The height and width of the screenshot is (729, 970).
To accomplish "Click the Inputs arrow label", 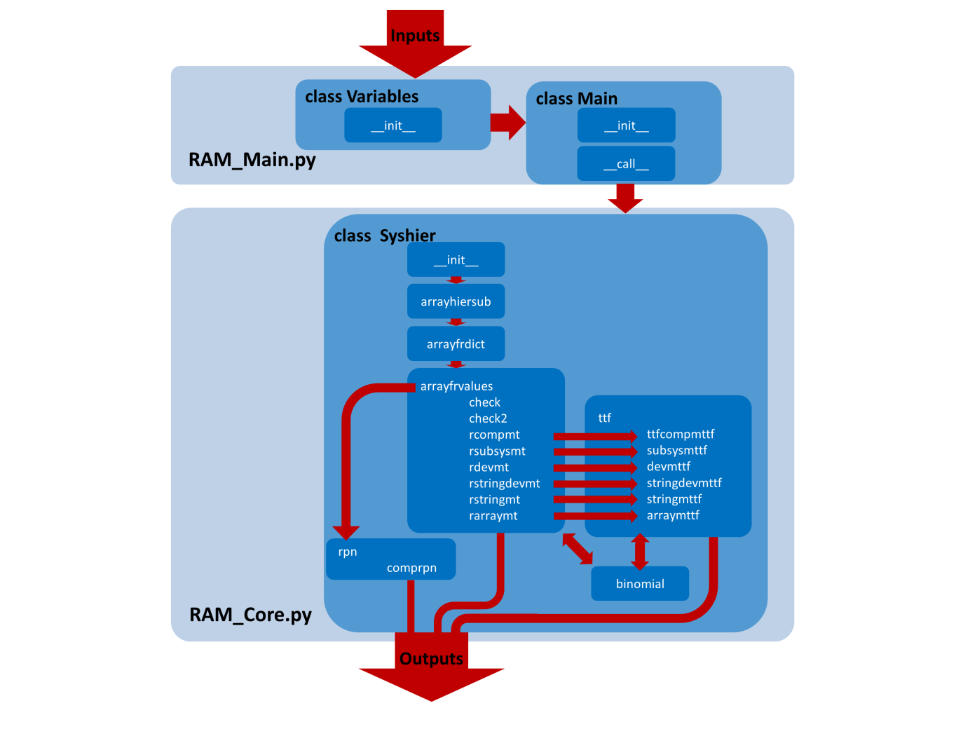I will (x=415, y=36).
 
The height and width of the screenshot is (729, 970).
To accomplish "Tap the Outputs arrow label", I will (x=431, y=659).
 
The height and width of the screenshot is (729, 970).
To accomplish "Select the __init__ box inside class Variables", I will (x=393, y=125).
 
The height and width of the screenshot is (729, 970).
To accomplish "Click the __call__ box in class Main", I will (x=626, y=164).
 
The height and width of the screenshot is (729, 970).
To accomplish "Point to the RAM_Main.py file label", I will (x=252, y=160).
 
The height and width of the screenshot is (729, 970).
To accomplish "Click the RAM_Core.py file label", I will (x=250, y=615).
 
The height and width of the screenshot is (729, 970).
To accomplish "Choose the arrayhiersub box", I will (x=456, y=301).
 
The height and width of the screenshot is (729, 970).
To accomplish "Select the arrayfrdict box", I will (x=456, y=344).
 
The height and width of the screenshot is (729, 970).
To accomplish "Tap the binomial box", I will (x=640, y=584).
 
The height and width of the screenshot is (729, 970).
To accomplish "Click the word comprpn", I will (x=411, y=568).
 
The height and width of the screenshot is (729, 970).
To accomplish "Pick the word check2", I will (x=488, y=418).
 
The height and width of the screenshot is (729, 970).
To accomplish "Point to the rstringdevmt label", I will (x=504, y=484).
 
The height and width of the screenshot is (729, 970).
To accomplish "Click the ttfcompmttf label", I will (x=680, y=435).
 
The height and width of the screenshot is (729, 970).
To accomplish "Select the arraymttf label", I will (x=673, y=515).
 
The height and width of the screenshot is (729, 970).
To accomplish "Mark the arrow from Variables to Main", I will (x=507, y=123).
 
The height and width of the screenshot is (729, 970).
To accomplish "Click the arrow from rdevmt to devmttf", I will (x=594, y=468).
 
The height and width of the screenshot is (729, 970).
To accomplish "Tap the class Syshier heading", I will (x=385, y=236).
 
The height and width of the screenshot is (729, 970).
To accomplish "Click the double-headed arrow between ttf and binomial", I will (x=640, y=552).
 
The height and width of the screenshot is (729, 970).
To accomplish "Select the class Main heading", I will (x=576, y=99).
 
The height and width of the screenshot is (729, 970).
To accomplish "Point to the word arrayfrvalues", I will (x=456, y=386).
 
